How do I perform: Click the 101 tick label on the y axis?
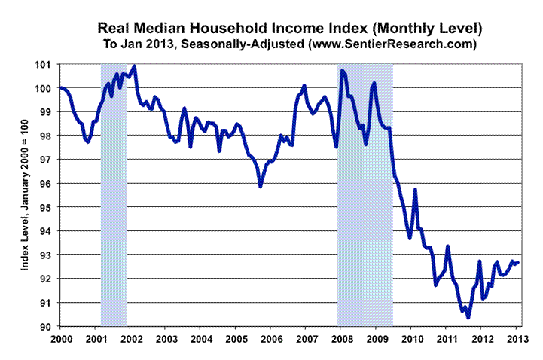click(x=46, y=65)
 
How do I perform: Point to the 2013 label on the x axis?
click(x=515, y=337)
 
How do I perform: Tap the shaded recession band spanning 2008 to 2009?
click(x=365, y=195)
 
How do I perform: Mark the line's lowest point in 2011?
click(x=468, y=318)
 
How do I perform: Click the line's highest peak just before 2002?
click(x=134, y=66)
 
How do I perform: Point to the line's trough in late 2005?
click(x=261, y=186)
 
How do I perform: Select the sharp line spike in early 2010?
click(x=415, y=190)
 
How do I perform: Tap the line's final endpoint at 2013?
click(x=518, y=262)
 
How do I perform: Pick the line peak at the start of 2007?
click(x=304, y=86)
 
